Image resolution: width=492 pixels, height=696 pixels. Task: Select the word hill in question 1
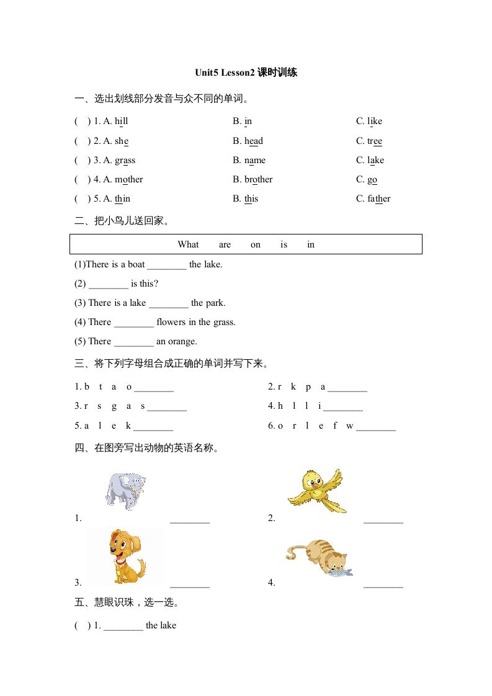click(122, 121)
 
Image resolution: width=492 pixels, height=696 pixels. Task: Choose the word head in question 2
click(253, 141)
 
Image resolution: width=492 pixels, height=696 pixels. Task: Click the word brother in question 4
click(258, 179)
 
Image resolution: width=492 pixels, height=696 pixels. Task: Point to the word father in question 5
click(378, 199)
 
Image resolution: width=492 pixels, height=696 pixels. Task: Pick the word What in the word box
click(188, 244)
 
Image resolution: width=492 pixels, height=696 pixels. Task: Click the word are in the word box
click(225, 244)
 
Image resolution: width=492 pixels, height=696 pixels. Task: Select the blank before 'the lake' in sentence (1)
click(167, 265)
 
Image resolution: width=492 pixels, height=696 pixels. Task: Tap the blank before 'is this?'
click(109, 285)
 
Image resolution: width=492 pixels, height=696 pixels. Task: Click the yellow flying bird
click(316, 490)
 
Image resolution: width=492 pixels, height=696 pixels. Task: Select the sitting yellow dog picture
click(126, 556)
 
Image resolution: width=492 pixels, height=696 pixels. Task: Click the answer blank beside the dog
click(190, 584)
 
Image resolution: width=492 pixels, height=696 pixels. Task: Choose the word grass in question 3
click(125, 160)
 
